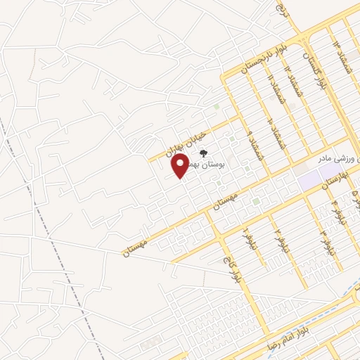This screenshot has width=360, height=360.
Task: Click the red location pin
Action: click(x=181, y=166)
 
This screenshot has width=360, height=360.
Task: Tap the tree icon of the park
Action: click(x=203, y=153)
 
